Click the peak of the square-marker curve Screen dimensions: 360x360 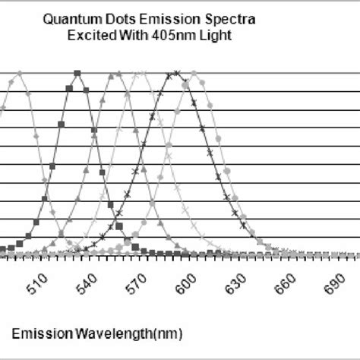pyautogui.click(x=77, y=74)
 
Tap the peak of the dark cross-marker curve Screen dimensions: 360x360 pyautogui.click(x=177, y=74)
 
